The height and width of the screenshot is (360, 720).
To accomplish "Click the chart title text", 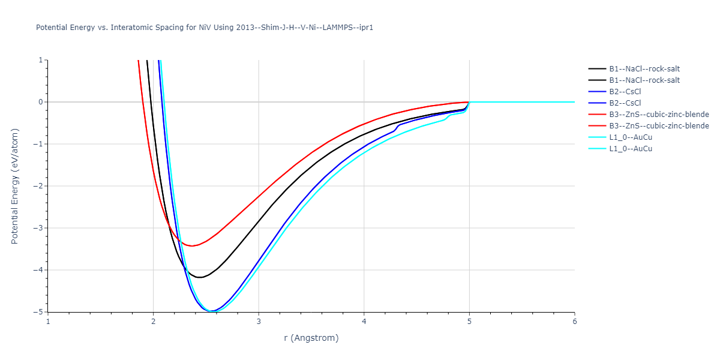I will click(x=205, y=28).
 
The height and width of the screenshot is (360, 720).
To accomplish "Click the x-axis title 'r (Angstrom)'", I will click(x=311, y=338).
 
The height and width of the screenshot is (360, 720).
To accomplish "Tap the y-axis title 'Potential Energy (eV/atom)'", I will click(x=16, y=186).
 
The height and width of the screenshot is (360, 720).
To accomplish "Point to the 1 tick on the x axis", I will click(x=48, y=321).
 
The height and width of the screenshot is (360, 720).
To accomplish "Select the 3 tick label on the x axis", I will click(x=259, y=321).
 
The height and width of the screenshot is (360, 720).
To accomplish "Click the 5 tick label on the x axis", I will click(x=469, y=321).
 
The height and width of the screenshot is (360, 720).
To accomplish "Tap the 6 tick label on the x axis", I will click(x=574, y=321).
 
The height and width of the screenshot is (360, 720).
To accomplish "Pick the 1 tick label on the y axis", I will click(x=41, y=60).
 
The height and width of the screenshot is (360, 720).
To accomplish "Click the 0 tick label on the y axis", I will click(x=41, y=102).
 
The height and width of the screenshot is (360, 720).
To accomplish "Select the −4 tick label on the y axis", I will click(x=38, y=270).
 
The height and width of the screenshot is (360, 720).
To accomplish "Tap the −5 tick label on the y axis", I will click(x=38, y=311).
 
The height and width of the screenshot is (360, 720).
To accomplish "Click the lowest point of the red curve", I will click(x=192, y=246).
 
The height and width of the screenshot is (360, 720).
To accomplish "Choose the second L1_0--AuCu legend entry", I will click(x=631, y=149).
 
